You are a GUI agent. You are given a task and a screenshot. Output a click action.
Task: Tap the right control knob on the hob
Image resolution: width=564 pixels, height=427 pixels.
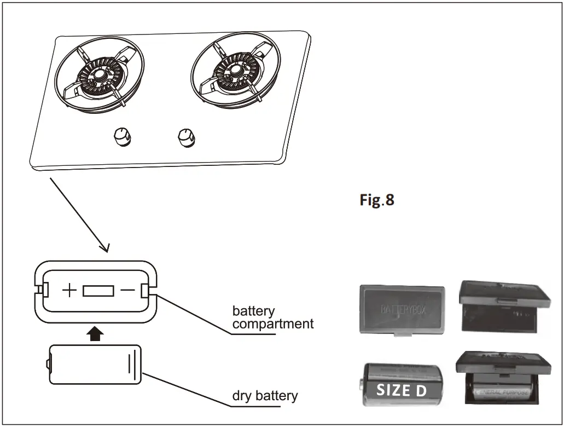pyautogui.click(x=187, y=137)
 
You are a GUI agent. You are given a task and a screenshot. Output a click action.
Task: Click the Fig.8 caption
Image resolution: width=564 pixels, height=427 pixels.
pyautogui.click(x=376, y=200)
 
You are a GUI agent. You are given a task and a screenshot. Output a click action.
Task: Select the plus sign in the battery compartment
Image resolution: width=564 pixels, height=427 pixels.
pyautogui.click(x=69, y=290)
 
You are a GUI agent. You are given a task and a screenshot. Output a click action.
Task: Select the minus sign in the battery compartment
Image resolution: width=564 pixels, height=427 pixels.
pyautogui.click(x=127, y=290)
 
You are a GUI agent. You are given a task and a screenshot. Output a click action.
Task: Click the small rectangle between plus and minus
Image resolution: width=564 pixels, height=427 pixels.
pyautogui.click(x=98, y=290)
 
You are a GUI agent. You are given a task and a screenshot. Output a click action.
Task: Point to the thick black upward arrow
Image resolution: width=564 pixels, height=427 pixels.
pyautogui.click(x=96, y=333)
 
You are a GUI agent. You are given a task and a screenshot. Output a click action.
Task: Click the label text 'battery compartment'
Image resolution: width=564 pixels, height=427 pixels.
pyautogui.click(x=272, y=318)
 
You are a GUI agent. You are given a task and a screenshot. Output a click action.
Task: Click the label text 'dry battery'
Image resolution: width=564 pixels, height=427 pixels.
pyautogui.click(x=265, y=395)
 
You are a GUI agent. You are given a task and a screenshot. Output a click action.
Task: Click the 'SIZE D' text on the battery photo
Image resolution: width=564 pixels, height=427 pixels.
pyautogui.click(x=401, y=390)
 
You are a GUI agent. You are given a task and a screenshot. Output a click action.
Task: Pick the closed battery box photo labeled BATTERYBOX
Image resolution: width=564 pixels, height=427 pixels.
pyautogui.click(x=402, y=309)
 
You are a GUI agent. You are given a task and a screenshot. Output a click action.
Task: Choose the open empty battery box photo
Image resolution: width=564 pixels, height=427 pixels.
pyautogui.click(x=503, y=307)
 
